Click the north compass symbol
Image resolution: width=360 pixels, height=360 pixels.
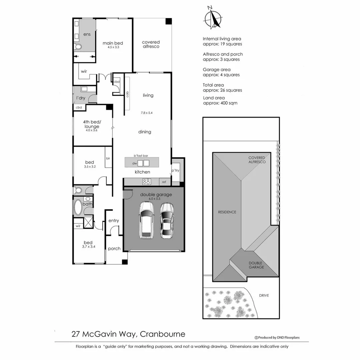[213, 18]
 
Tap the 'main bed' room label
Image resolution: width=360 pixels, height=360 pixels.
[113, 43]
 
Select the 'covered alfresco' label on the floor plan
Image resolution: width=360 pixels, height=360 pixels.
[151, 44]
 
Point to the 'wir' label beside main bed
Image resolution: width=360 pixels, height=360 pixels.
[84, 71]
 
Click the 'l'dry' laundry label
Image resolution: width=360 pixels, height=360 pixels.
[81, 98]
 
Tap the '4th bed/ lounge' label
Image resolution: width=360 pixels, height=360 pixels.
[91, 124]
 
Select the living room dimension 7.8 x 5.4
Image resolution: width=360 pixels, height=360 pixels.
[147, 113]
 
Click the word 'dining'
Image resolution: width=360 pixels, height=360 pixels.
[145, 132]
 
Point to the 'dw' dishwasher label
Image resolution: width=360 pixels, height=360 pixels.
[134, 163]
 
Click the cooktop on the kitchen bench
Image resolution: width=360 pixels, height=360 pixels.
[147, 182]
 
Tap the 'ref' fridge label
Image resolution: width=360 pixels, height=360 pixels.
[164, 182]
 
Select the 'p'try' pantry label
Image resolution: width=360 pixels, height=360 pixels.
[175, 170]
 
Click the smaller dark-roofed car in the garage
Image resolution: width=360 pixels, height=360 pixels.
[167, 220]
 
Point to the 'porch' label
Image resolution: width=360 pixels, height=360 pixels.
[114, 249]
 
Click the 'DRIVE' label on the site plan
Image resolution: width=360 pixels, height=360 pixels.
[264, 295]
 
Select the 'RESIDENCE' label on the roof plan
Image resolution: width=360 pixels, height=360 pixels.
[227, 212]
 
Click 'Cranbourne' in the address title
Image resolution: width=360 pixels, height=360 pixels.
[162, 334]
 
